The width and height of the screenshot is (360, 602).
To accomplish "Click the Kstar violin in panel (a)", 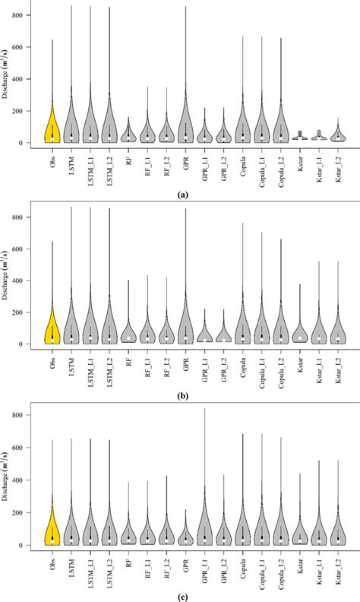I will (299, 136).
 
